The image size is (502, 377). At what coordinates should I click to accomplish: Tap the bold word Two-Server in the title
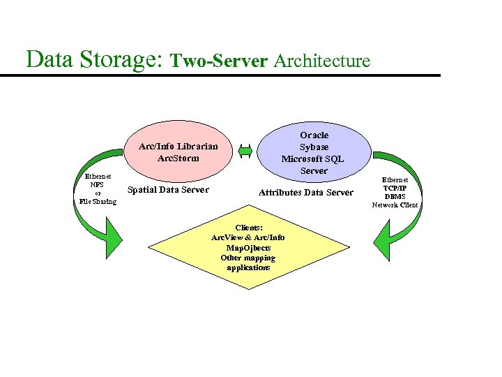220,61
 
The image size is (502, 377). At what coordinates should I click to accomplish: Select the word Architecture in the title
322,61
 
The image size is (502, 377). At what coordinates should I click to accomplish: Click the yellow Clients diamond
248,247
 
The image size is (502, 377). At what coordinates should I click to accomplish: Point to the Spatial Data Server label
169,190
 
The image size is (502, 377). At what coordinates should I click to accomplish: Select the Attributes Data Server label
306,192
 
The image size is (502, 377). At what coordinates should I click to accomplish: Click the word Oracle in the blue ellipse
314,135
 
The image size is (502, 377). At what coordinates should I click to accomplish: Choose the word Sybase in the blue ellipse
314,147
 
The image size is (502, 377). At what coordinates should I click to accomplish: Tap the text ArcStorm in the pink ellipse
178,158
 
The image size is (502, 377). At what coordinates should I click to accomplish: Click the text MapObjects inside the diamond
248,248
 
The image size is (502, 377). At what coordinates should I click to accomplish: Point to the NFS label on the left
97,185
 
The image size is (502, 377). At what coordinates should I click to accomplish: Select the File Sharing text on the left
98,201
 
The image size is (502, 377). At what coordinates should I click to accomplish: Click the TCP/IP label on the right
395,188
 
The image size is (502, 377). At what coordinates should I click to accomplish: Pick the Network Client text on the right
395,205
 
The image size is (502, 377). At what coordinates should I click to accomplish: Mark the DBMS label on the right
395,197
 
